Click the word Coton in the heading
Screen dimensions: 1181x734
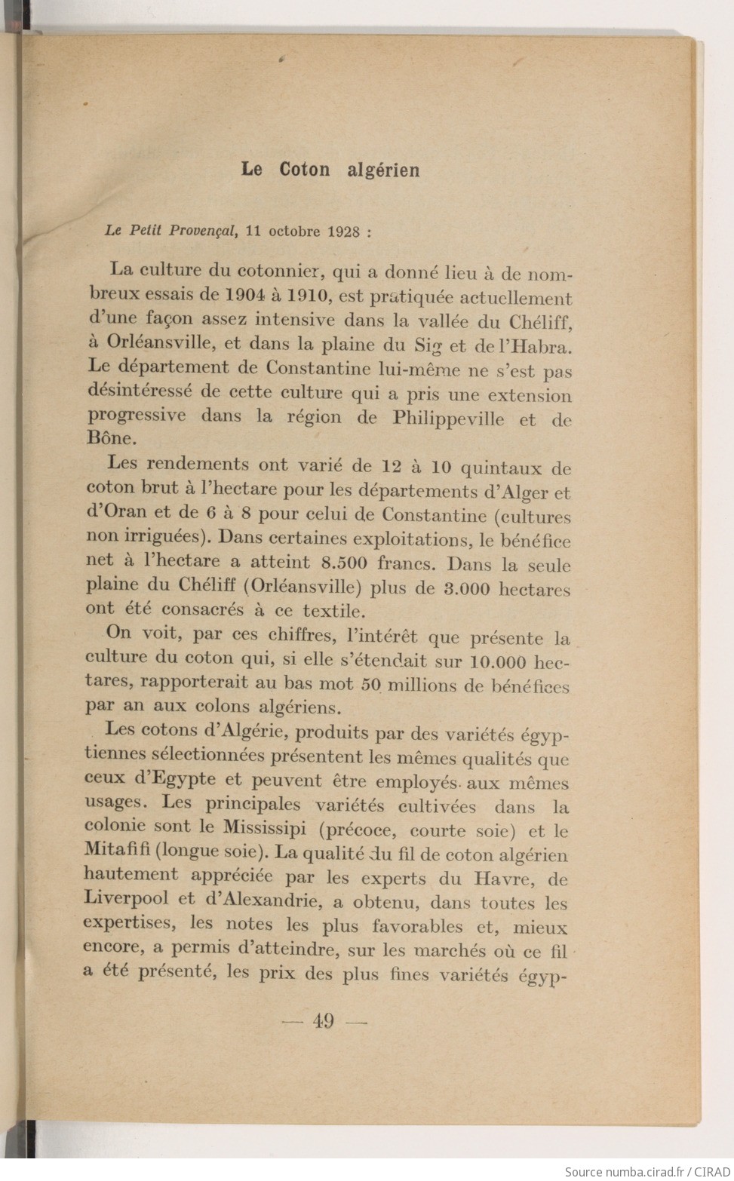(x=304, y=170)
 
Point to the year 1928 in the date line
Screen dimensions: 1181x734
(x=343, y=232)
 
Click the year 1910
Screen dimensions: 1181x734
(x=307, y=296)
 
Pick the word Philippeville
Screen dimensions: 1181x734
(x=448, y=419)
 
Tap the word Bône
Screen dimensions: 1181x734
(x=111, y=438)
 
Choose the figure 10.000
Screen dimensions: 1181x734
(x=497, y=661)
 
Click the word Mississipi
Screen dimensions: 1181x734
(x=264, y=828)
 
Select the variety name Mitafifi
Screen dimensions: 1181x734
(x=116, y=850)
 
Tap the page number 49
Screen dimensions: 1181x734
(x=323, y=1021)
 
